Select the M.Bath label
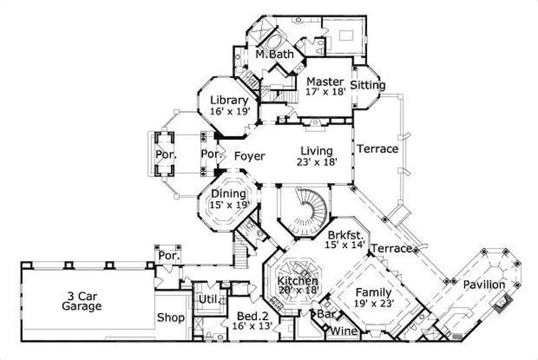point(274,55)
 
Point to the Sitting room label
point(369,85)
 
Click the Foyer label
point(249,156)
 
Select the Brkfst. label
point(346,236)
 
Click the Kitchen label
point(298,280)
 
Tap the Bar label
point(328,314)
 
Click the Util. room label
point(206,299)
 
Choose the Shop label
point(171,318)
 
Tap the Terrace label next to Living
point(377,149)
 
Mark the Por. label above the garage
point(166,256)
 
